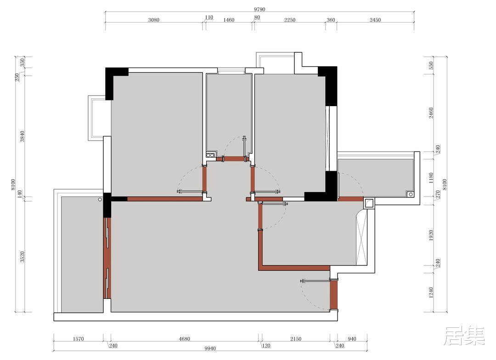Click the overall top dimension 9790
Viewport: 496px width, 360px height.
click(x=259, y=9)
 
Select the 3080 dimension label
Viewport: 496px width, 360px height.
click(x=153, y=20)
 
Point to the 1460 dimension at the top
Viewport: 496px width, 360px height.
click(x=229, y=20)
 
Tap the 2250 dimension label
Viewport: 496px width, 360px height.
click(x=289, y=20)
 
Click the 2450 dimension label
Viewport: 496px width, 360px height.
click(x=375, y=20)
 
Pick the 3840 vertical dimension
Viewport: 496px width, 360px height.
click(x=23, y=136)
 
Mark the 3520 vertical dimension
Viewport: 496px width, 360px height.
click(x=23, y=257)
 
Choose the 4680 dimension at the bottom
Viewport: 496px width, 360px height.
click(x=185, y=339)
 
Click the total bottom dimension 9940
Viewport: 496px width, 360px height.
click(x=210, y=349)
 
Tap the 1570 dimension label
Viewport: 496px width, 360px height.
click(x=78, y=339)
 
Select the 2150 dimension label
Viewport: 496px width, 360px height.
click(x=296, y=339)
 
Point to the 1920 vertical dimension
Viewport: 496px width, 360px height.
click(x=431, y=236)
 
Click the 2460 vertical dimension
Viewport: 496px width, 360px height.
click(x=431, y=113)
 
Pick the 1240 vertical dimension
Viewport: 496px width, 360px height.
click(x=431, y=292)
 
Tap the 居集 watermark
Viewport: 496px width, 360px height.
click(x=464, y=336)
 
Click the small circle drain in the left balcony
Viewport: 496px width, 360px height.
click(x=100, y=200)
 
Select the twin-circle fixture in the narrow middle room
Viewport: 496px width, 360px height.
click(x=210, y=155)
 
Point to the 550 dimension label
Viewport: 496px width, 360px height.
click(x=431, y=66)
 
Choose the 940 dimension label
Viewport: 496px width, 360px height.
click(x=352, y=339)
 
